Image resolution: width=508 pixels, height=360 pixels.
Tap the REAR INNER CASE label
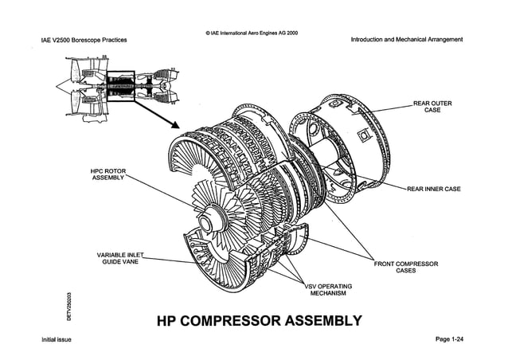coord(433,189)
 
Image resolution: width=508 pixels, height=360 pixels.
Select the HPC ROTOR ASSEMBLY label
coord(108,174)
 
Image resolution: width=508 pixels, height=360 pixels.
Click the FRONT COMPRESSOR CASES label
coord(406,267)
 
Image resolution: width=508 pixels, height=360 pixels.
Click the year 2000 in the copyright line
coord(291,33)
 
